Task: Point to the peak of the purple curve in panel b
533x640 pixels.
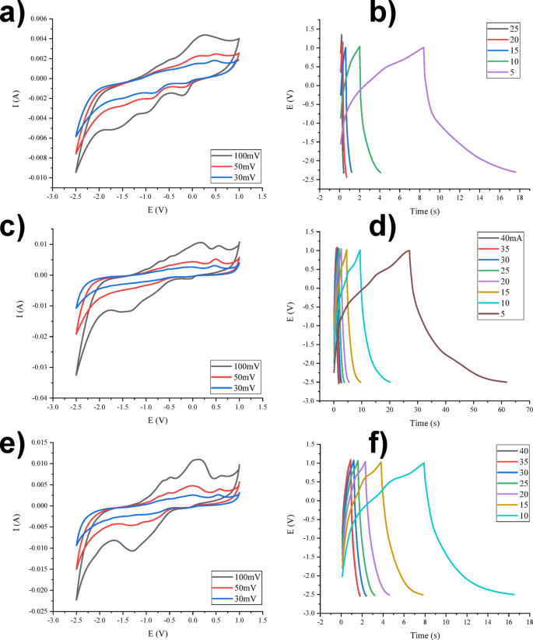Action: point(423,47)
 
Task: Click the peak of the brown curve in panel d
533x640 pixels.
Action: point(409,250)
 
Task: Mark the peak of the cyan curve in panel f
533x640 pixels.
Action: point(423,463)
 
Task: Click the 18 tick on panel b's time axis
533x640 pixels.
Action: point(529,198)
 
